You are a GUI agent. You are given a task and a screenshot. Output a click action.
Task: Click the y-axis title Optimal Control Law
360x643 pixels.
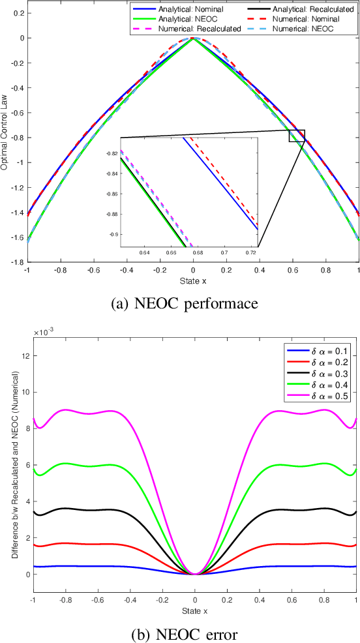pos(5,131)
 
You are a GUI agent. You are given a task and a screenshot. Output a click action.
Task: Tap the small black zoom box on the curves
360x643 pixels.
pos(297,136)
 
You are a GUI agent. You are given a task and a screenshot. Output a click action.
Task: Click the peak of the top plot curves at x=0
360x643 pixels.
pos(193,38)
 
